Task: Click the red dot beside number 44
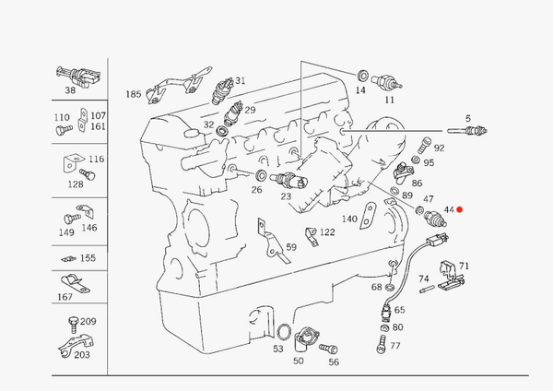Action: pos(460,210)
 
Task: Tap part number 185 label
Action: pos(134,94)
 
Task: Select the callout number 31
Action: pos(240,80)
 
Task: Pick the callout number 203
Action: pos(82,354)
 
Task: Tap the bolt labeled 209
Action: pos(70,323)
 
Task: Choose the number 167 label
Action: pos(65,297)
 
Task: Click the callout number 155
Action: pos(88,258)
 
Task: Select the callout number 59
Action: pos(290,247)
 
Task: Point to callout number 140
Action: pos(349,219)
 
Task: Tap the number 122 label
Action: pos(326,232)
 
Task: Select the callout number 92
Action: pos(439,148)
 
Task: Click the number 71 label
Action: pos(464,267)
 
